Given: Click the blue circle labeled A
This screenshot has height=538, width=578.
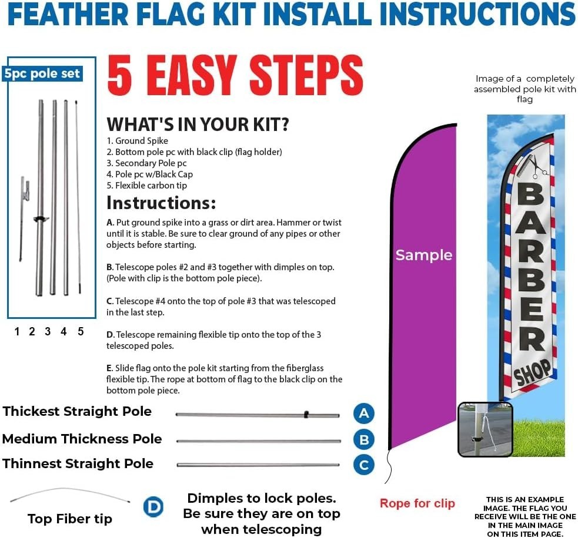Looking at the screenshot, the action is pos(364,413).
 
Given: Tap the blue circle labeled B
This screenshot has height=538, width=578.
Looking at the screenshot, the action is pos(364,439).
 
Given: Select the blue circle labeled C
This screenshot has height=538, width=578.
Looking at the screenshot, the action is pos(364,465).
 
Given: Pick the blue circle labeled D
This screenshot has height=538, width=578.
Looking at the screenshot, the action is pos(153,507).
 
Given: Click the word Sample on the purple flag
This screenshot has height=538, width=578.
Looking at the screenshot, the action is pos(423,255).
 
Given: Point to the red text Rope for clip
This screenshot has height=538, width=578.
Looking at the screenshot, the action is pos(417,503).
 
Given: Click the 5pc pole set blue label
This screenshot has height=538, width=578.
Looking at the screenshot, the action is pos(42,73).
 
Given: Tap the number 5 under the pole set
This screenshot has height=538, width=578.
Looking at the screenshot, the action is pos(81,331).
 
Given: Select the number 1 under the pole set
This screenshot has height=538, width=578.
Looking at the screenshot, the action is pos(17,331).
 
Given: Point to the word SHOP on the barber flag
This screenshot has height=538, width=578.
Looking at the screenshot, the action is pos(533,372).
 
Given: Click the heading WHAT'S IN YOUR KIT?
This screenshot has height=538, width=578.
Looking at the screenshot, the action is pos(198,124).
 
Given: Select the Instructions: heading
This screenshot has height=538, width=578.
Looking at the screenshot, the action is pos(161,203).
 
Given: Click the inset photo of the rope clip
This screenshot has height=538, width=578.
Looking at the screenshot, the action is pos(485,429).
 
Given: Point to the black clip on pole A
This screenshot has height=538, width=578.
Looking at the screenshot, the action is pos(306,415).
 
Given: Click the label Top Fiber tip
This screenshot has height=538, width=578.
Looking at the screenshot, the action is pos(69,519).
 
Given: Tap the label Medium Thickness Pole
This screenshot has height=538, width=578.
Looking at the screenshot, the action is pos(82,439).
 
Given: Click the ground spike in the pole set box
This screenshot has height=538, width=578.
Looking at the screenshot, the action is pos(24,217).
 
